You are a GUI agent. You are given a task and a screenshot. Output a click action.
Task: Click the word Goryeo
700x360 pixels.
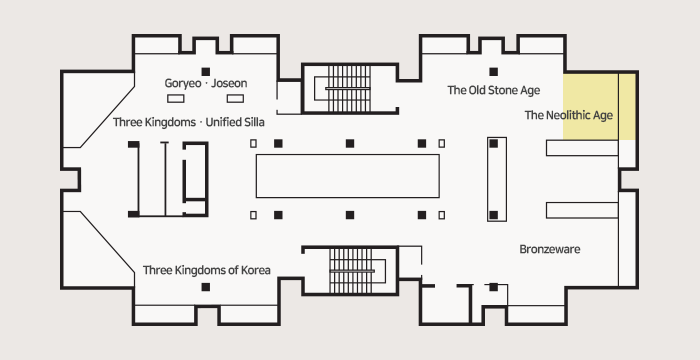click(x=183, y=84)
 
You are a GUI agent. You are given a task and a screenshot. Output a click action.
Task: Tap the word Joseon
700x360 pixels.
click(x=229, y=83)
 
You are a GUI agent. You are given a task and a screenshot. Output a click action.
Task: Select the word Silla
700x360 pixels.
click(x=252, y=122)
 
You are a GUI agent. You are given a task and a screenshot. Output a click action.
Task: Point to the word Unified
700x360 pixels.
click(x=221, y=122)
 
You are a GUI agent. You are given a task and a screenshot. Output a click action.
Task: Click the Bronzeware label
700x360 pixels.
click(x=550, y=249)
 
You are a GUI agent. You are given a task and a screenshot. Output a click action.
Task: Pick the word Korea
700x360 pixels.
click(x=255, y=270)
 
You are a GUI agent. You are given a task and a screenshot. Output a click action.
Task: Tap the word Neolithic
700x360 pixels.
click(x=567, y=115)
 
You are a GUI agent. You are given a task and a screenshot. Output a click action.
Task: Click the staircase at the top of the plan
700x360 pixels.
click(x=350, y=88)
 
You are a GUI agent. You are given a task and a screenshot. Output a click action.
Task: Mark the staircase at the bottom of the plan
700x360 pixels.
click(x=350, y=271)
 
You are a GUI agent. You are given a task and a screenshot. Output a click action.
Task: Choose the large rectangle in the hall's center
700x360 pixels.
click(x=347, y=176)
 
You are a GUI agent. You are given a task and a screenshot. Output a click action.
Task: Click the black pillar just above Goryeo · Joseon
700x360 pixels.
click(x=205, y=71)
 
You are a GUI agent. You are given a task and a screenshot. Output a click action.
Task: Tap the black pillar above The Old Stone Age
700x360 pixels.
click(x=493, y=71)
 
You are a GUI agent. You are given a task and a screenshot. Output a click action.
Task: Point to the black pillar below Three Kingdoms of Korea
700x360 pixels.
click(x=205, y=287)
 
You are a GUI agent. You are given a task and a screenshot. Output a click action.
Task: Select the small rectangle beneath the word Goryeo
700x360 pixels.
click(x=175, y=99)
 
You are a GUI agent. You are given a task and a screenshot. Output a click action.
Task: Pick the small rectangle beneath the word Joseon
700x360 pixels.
click(x=235, y=99)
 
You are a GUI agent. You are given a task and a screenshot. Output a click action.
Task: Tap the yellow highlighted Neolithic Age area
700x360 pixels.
click(x=599, y=106)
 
